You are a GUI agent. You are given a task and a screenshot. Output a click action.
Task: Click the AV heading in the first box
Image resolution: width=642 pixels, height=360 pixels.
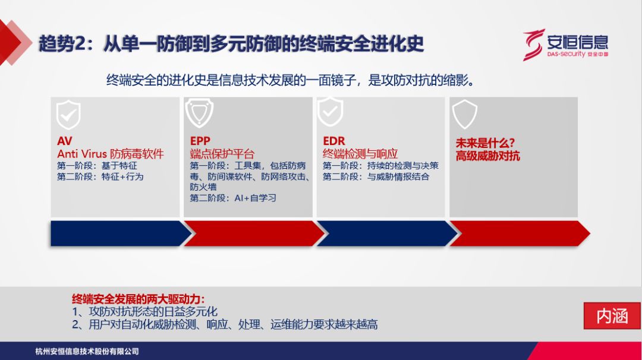(x=65, y=141)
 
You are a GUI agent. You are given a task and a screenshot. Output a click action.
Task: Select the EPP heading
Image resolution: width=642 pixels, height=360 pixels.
(x=200, y=141)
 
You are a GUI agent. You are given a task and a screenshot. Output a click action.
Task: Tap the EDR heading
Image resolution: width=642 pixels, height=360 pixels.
(x=333, y=141)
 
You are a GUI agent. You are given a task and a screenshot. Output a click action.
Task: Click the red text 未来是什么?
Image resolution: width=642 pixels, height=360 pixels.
(x=485, y=143)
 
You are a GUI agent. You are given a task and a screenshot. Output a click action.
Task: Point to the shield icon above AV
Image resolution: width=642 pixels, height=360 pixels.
(x=68, y=115)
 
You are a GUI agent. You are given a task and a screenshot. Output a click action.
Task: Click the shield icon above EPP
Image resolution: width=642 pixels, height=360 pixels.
(x=199, y=113)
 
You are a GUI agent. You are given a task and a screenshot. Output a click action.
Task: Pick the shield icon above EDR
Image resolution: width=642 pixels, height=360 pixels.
(x=331, y=112)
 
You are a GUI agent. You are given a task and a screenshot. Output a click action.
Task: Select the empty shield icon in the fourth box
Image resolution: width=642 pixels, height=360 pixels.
(x=464, y=114)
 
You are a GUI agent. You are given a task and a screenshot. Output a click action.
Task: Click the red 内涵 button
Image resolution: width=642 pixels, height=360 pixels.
(x=612, y=316)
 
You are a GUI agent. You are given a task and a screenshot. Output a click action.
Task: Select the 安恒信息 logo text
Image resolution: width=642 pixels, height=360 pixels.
(x=577, y=42)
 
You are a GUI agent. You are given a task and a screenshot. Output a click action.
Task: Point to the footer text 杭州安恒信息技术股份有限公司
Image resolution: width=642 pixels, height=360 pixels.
(x=87, y=352)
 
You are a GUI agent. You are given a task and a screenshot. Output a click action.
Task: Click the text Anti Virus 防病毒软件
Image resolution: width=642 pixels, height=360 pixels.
(x=110, y=154)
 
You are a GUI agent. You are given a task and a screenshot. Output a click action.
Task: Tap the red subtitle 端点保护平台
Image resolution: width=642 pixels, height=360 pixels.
(x=222, y=154)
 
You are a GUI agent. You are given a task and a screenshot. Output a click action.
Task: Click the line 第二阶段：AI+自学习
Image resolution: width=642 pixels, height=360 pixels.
(x=233, y=198)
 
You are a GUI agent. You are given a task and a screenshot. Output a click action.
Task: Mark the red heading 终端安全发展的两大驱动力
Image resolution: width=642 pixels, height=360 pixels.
(x=138, y=299)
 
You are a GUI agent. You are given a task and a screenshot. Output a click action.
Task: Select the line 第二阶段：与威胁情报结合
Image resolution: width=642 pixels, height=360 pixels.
(x=376, y=176)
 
